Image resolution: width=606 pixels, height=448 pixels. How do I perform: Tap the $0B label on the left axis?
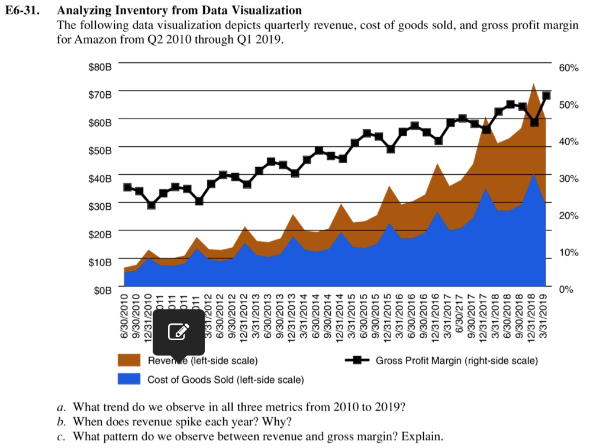click(102, 290)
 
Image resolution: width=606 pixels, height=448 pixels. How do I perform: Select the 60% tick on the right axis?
click(569, 69)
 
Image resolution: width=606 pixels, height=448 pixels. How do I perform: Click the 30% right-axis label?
click(569, 179)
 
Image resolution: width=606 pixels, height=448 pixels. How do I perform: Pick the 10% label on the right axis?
click(569, 253)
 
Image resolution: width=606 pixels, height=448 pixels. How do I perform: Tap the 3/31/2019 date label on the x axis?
click(544, 320)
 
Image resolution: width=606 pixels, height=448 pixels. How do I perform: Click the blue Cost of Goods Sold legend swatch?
click(129, 379)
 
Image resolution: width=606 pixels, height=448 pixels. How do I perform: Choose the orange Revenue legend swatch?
click(129, 360)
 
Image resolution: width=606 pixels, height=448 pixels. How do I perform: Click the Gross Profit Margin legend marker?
click(357, 360)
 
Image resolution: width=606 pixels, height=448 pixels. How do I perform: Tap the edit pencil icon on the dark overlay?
click(179, 332)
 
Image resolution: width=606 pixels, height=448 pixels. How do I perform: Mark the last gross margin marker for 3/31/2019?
click(546, 95)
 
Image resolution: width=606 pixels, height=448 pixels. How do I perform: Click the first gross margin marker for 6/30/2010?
click(127, 187)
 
